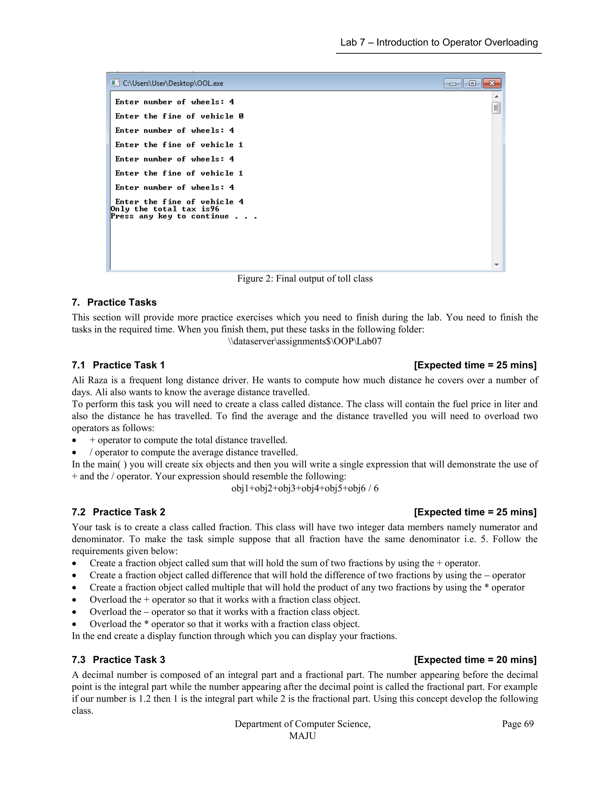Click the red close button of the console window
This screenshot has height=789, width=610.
(491, 83)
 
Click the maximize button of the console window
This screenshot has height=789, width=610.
(472, 83)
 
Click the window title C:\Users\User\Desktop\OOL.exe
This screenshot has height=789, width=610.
(173, 83)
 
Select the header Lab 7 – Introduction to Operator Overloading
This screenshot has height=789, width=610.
(439, 43)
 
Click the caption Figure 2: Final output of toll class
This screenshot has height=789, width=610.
(305, 279)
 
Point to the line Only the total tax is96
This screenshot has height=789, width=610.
(165, 209)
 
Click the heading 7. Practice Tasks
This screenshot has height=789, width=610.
(114, 302)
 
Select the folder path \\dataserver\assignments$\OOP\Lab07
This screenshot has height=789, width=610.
(305, 342)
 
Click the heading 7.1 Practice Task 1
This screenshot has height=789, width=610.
(118, 365)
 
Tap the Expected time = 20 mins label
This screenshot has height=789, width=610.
(475, 660)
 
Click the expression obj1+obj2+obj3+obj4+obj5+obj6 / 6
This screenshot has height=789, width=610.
(305, 488)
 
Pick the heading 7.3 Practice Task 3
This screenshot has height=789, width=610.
(118, 660)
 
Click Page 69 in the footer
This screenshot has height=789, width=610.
(517, 724)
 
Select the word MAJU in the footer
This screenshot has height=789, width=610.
(303, 736)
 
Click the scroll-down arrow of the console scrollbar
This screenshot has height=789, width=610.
(497, 265)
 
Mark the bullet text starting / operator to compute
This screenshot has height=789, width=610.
(194, 452)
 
